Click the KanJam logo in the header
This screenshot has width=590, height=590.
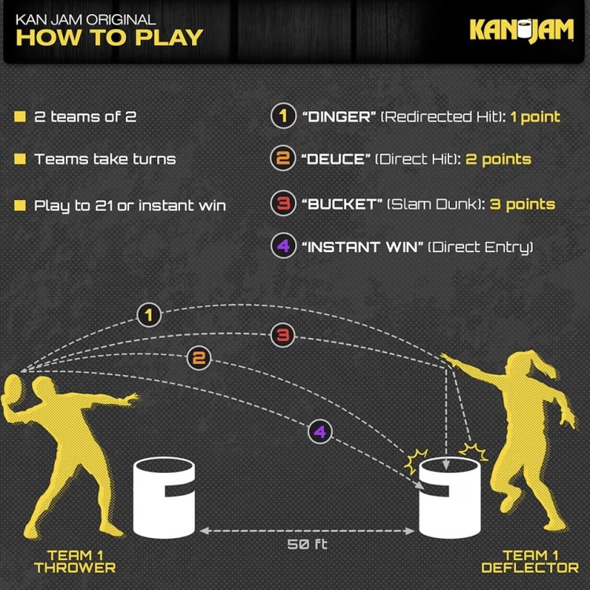(x=522, y=30)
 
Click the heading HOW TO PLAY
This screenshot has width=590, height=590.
(x=109, y=38)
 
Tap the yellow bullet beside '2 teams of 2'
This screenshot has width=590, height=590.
(x=20, y=117)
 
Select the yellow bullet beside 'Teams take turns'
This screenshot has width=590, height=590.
(x=20, y=159)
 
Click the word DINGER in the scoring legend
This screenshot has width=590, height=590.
(x=339, y=117)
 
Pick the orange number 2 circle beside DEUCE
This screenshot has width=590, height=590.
(x=283, y=158)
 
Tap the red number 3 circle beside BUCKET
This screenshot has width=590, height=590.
(x=283, y=203)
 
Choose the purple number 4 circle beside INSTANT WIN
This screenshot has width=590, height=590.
(x=283, y=246)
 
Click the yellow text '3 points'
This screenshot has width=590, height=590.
(x=522, y=204)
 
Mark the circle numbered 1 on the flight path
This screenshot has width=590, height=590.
(x=149, y=315)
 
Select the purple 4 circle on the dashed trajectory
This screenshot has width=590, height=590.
(x=320, y=432)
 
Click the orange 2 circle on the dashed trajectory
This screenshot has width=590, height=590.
(x=199, y=358)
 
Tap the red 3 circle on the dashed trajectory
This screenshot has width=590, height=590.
(x=282, y=335)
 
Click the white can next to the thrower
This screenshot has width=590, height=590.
(x=164, y=497)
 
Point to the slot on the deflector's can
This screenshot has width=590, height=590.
(x=436, y=491)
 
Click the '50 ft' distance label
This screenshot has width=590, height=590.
(x=307, y=544)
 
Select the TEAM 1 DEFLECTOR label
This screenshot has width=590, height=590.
(x=530, y=562)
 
